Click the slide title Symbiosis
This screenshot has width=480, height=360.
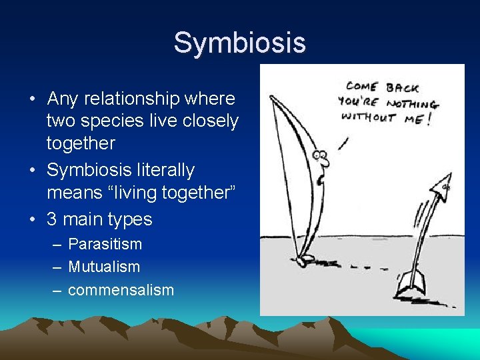point(239,43)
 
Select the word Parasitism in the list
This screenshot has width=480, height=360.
point(105,244)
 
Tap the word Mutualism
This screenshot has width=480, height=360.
point(104,267)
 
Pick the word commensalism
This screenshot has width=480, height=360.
point(121,290)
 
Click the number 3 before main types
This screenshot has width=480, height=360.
point(51,219)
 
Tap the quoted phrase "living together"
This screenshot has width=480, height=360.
point(159,193)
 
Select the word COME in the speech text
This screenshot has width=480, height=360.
point(362,87)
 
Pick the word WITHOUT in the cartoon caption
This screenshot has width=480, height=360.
point(369,117)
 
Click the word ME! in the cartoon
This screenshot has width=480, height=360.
point(419,120)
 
